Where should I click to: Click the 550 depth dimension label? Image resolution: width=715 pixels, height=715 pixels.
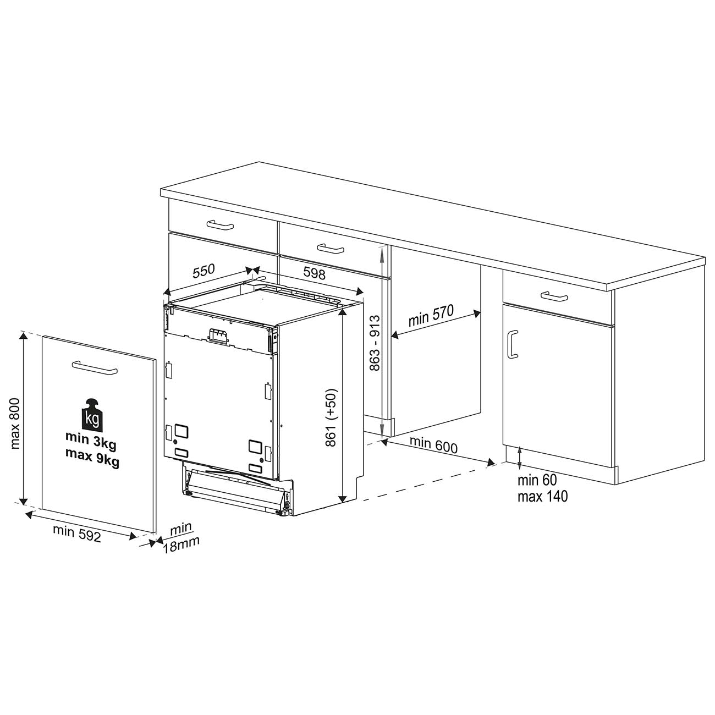204,271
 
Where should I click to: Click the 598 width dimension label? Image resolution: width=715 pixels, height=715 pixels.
314,273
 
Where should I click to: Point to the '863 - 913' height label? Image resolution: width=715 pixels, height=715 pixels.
375,343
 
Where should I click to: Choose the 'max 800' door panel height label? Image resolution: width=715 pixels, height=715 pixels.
15,424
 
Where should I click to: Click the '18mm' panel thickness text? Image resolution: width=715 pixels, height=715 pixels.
181,544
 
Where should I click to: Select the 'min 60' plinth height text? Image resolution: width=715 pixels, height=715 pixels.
537,480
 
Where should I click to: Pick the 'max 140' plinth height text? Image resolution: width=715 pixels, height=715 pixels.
542,496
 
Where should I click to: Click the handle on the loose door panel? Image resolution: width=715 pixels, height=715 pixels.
95,368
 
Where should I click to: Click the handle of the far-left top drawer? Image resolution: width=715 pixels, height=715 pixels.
221,225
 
